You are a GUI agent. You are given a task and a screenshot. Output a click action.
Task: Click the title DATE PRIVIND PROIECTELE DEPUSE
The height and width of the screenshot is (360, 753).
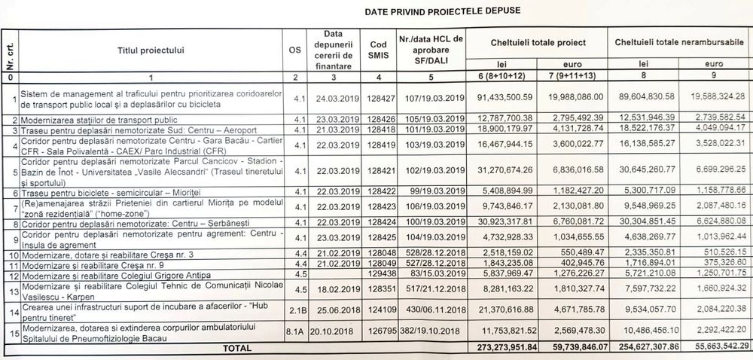pyautogui.click(x=442, y=11)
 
